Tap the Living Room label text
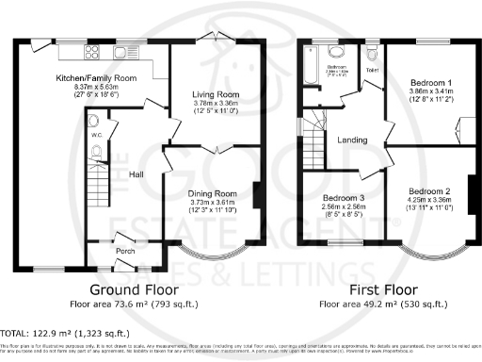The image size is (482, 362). coord(217,95)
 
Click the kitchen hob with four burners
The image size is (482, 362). coord(96,52)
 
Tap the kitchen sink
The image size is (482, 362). coord(123,52)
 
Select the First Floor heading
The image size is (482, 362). coord(375,290)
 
